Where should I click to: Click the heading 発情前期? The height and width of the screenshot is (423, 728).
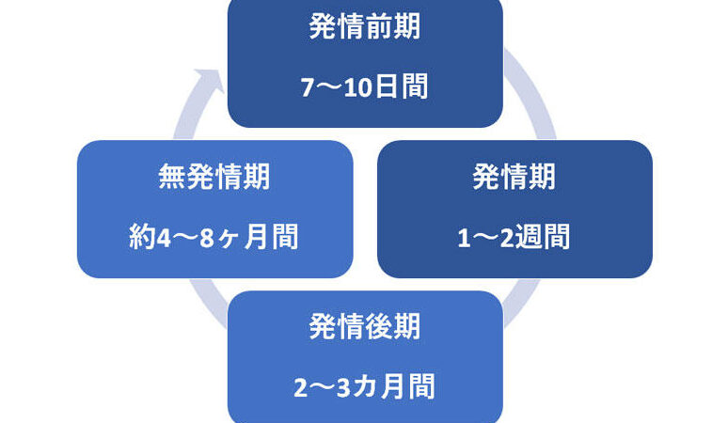365,26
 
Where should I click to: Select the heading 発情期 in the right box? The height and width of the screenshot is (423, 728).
514,177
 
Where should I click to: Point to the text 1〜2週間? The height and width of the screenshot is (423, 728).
514,237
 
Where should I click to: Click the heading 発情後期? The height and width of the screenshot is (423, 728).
365,327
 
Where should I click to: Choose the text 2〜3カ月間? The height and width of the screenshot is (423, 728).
365,387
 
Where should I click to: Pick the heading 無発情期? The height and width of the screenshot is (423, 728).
214,177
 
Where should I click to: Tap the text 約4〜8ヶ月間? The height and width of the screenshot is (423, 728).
214,237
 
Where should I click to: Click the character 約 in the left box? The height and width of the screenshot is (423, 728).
141,237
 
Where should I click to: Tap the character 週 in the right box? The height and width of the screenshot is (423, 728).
530,237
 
